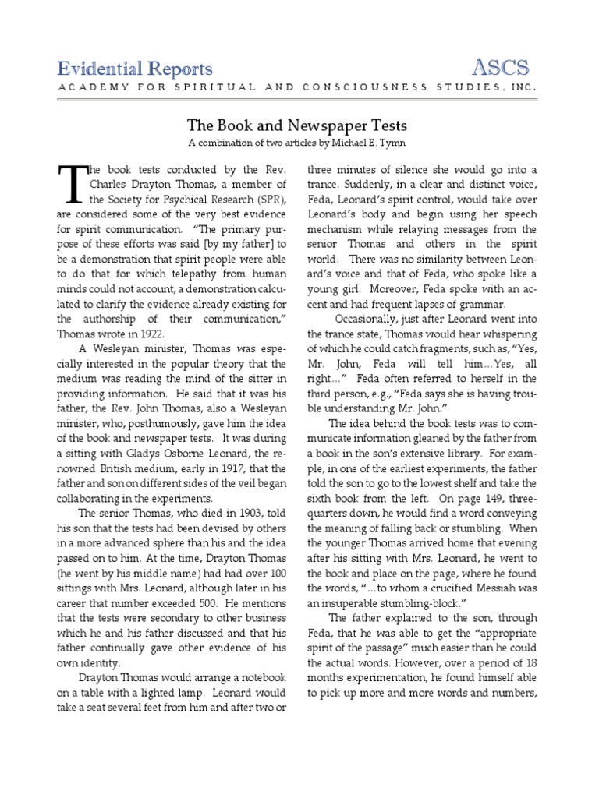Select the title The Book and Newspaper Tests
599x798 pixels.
coord(296,125)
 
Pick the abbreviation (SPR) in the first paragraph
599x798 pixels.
coord(267,199)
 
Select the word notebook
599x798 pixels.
coord(261,677)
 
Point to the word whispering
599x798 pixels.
coord(506,334)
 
